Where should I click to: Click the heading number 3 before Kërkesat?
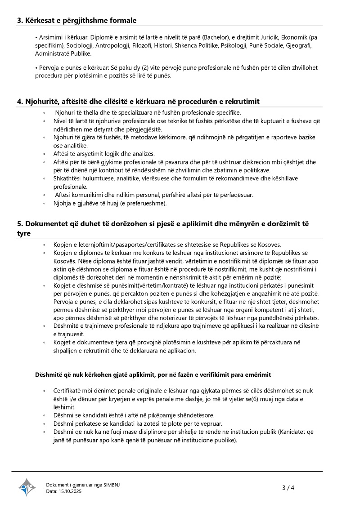point(20,20)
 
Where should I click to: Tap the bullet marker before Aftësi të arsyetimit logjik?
point(44,154)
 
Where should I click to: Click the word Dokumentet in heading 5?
point(49,224)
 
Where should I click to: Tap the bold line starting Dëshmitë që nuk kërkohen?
point(153,374)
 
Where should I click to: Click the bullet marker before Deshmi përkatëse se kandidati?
point(44,423)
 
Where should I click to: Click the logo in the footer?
point(27,487)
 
